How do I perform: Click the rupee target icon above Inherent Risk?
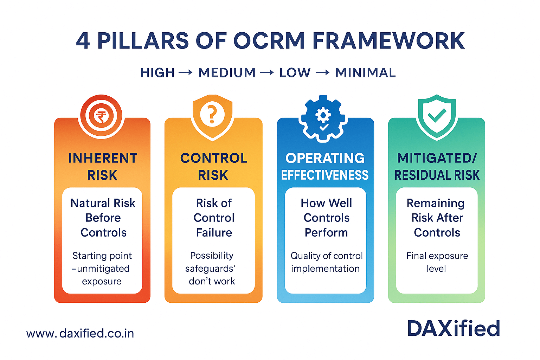click(x=101, y=116)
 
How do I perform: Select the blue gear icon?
click(x=323, y=118)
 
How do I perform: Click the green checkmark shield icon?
click(x=437, y=116)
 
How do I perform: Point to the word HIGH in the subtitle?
click(x=157, y=73)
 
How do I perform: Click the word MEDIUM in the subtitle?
click(x=227, y=73)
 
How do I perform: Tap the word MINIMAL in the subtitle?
click(x=365, y=73)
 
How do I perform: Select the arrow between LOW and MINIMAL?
click(x=323, y=73)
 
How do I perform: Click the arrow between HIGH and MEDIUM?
click(x=186, y=73)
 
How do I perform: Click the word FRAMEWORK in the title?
click(x=388, y=41)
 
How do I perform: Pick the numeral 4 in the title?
click(x=83, y=41)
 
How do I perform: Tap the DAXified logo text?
click(x=454, y=329)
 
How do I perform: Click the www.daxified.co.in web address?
click(x=80, y=333)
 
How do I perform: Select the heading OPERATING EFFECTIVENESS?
click(x=325, y=166)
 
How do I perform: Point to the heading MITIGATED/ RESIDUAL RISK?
click(x=437, y=166)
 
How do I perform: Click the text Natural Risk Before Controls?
click(x=103, y=218)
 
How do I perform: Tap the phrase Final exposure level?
click(x=437, y=262)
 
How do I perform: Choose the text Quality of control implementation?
click(x=326, y=262)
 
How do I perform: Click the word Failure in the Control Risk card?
click(x=214, y=232)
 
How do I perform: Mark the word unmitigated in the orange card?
click(x=103, y=269)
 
